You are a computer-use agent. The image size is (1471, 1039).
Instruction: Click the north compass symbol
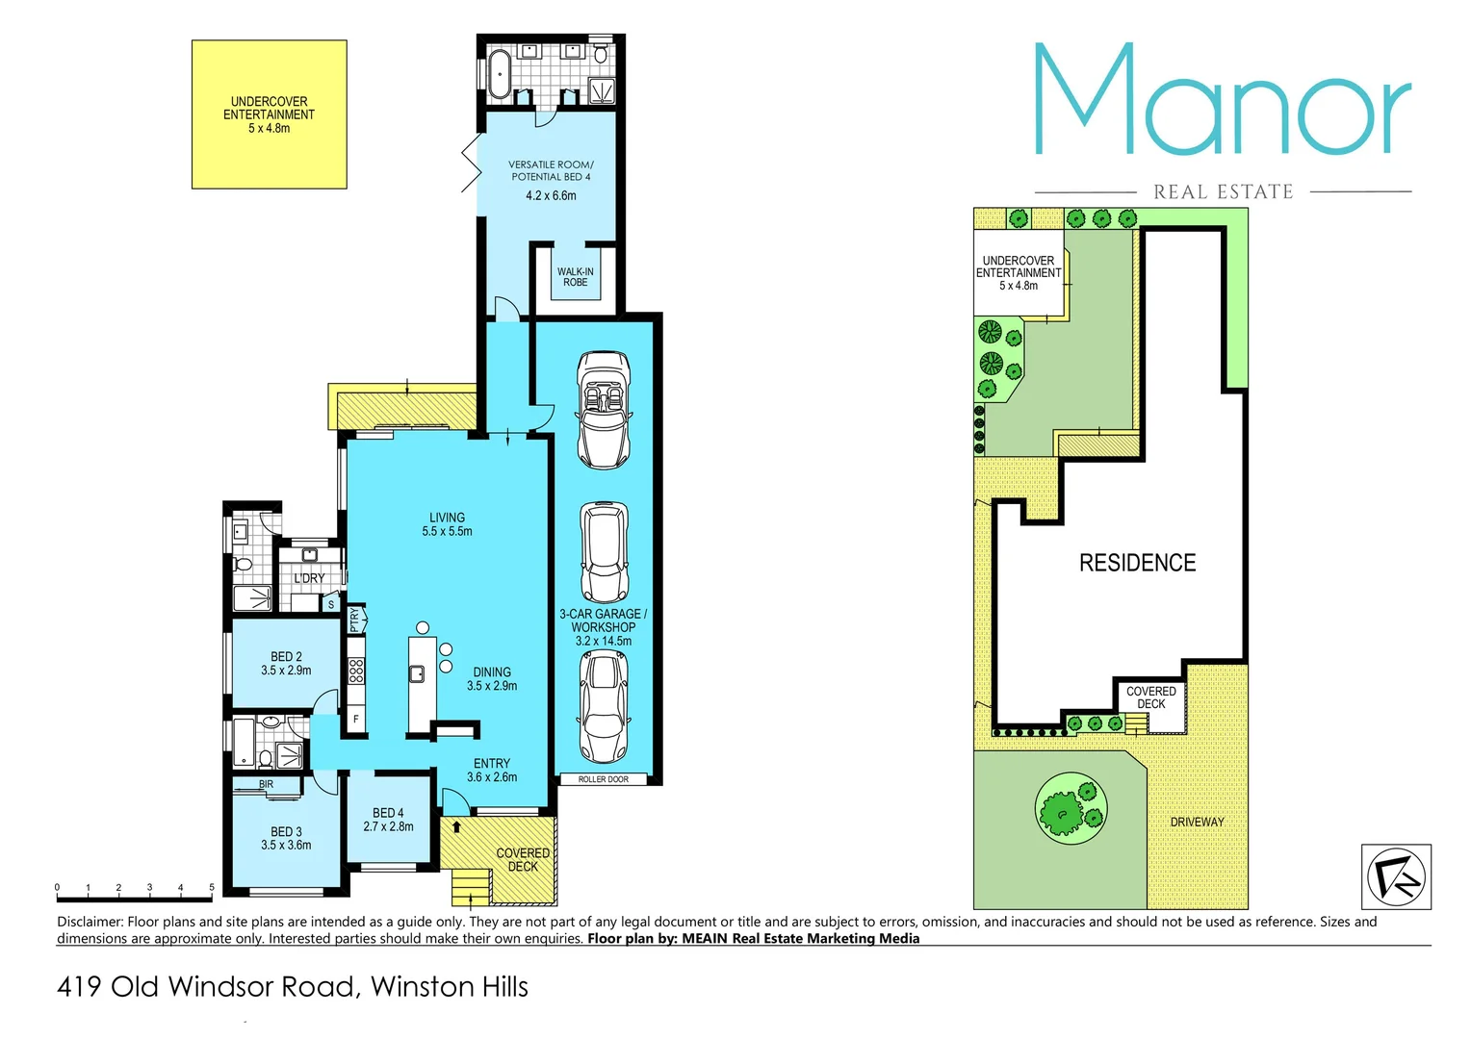point(1395,876)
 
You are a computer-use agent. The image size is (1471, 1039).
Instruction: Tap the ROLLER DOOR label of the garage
point(604,779)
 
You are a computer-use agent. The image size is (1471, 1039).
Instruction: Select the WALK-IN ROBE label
point(576,277)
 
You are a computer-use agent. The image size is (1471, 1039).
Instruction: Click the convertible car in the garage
point(604,410)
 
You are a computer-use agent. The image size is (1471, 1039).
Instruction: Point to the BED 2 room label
point(286,657)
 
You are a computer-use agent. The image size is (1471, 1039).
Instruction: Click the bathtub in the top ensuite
point(499,72)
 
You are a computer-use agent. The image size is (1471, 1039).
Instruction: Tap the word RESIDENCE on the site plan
point(1137,563)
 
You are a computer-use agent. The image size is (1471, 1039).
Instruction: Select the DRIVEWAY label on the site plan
point(1197,822)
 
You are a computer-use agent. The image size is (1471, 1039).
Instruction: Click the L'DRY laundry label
point(309,578)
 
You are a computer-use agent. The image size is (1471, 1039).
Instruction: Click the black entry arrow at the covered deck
point(456,826)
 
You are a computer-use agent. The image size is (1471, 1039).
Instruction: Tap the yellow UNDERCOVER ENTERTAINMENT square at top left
point(269,114)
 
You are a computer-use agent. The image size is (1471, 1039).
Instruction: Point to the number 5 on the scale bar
point(212,887)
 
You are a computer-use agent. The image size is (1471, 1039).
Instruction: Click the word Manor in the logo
point(1222,101)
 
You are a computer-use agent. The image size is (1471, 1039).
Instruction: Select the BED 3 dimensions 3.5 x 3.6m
point(286,846)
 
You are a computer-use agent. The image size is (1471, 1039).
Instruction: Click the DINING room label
point(492,672)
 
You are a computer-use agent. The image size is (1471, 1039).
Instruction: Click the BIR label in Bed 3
point(266,785)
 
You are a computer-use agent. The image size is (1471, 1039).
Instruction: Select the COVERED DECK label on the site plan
point(1150,697)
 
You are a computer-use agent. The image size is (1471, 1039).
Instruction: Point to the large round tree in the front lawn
point(1070,809)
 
